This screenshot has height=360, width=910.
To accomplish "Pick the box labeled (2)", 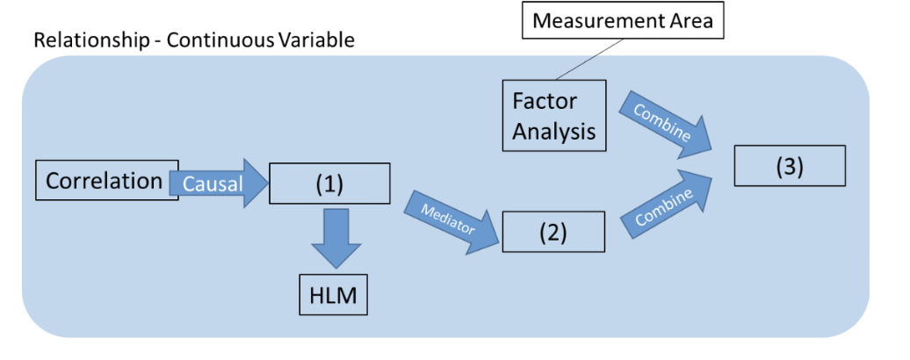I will pos(553,233).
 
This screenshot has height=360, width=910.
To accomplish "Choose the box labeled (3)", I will pos(790,167).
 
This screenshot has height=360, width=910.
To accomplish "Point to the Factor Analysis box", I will pos(553,114).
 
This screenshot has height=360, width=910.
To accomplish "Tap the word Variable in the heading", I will pos(312,40).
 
